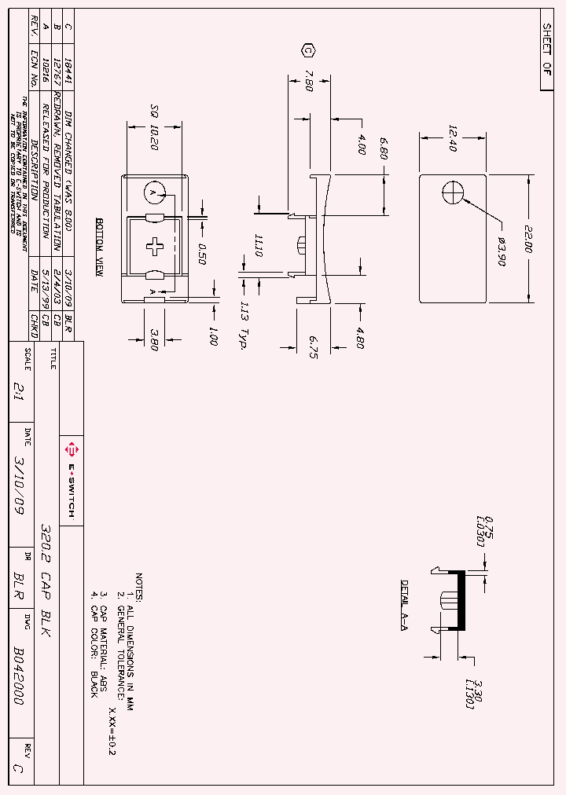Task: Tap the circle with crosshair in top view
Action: click(x=454, y=192)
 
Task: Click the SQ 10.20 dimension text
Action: click(x=154, y=127)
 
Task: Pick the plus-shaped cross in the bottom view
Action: click(x=155, y=245)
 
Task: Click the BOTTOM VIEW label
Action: click(x=100, y=247)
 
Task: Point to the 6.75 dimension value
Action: click(x=312, y=346)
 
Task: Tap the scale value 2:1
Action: click(x=20, y=385)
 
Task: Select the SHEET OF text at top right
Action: click(x=547, y=49)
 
